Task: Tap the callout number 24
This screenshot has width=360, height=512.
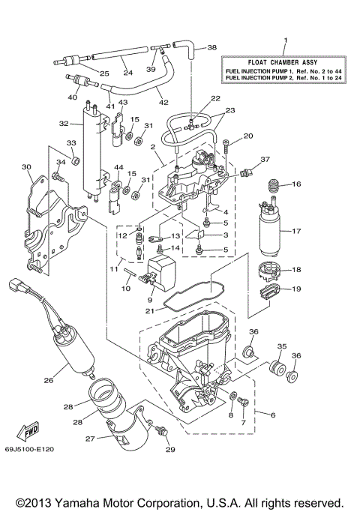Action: coord(128,73)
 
